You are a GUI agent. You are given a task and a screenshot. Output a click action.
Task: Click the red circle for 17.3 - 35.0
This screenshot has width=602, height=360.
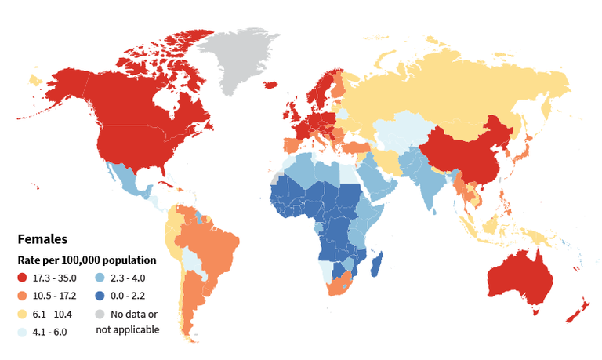point(22,278)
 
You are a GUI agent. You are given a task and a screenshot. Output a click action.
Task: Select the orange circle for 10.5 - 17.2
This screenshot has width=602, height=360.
point(22,295)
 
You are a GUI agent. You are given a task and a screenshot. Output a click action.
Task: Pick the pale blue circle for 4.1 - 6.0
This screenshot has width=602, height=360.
point(22,330)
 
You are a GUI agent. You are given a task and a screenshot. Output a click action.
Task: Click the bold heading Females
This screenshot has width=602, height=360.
point(42,239)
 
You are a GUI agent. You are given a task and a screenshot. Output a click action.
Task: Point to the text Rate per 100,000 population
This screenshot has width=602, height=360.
point(86,260)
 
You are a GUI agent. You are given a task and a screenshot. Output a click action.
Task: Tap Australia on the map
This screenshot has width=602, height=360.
point(521,278)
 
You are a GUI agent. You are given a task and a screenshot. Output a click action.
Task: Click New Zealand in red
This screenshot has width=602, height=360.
point(578,310)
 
